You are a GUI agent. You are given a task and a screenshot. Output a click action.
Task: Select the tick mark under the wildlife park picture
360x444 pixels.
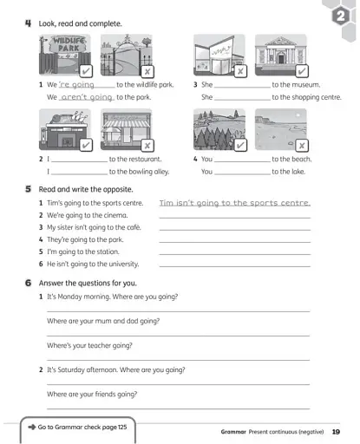coord(87,70)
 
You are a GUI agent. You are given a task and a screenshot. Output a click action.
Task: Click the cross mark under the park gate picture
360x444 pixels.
coord(147,70)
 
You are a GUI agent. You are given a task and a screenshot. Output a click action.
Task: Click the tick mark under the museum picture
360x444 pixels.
coord(302,70)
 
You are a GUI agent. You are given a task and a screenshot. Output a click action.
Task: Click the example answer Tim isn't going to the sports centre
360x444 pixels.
coord(234,202)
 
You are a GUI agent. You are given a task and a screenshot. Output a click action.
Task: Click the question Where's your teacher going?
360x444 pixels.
coord(89,345)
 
